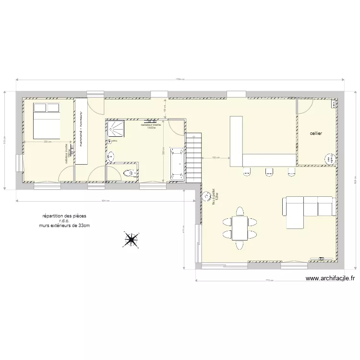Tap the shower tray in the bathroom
116,128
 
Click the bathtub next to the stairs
176,163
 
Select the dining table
239,228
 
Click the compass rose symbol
131,238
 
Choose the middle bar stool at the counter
268,170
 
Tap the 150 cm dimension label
216,157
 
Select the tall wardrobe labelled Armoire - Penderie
81,131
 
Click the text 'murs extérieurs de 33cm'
64,225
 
